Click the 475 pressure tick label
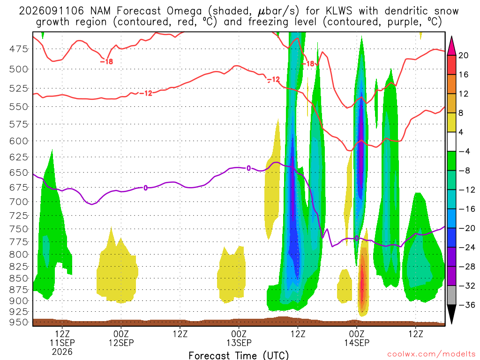click(18, 49)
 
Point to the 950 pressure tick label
click(18, 322)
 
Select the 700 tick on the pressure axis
click(18, 202)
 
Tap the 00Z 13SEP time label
click(239, 338)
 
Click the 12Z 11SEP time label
click(62, 343)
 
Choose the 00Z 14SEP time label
click(357, 338)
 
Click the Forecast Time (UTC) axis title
click(239, 355)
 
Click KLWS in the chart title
click(339, 11)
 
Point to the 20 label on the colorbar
click(463, 55)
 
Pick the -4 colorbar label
click(464, 151)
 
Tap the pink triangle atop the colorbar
click(451, 45)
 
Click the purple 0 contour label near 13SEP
click(248, 168)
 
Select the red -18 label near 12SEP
click(106, 61)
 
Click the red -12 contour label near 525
click(146, 93)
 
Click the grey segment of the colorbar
click(451, 295)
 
